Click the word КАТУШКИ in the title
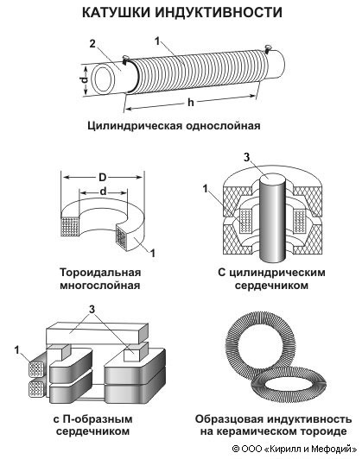(116, 13)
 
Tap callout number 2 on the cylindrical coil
(92, 44)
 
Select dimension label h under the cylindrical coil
(191, 102)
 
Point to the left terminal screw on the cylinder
(125, 59)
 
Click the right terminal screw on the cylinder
(268, 48)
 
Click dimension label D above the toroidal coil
(103, 178)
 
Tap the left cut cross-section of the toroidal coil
(70, 226)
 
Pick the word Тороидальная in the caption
(100, 273)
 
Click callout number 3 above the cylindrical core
(247, 158)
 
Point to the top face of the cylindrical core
(273, 178)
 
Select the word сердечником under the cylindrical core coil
(271, 285)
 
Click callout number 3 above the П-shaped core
(92, 309)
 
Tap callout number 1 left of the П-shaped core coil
(17, 349)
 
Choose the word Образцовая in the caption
(229, 419)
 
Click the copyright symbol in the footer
(235, 449)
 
